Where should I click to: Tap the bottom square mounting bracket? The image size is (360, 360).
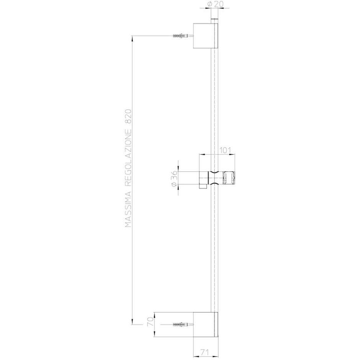click(205, 324)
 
